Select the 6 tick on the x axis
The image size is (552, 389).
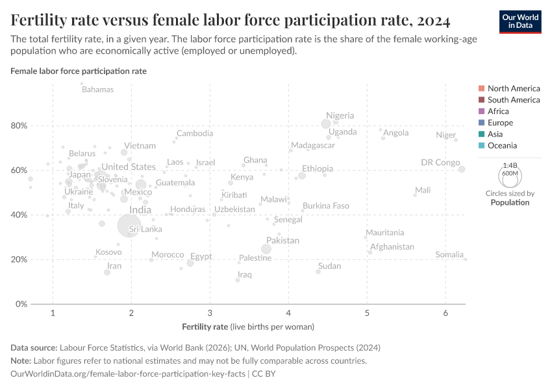(x=445, y=314)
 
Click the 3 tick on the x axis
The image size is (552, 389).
(x=210, y=314)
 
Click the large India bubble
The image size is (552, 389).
(x=130, y=225)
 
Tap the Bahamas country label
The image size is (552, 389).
(x=97, y=89)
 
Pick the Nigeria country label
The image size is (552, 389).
(x=340, y=115)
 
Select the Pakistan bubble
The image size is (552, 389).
(x=266, y=249)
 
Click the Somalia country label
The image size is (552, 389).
(x=449, y=255)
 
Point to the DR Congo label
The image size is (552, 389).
(x=440, y=163)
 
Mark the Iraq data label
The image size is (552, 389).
(x=245, y=275)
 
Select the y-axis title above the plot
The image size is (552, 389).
(x=79, y=71)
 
